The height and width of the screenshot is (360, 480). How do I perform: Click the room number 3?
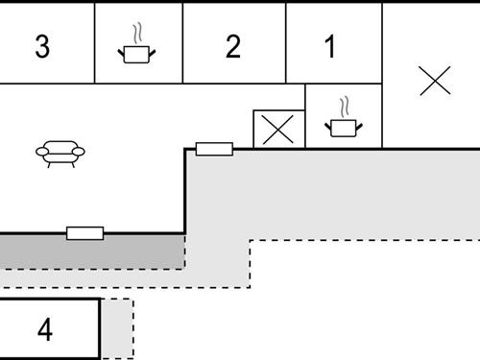click(41, 47)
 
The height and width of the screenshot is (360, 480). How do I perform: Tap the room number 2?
click(232, 47)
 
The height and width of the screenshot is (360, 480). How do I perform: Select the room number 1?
click(331, 47)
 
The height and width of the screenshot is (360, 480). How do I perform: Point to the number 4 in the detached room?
click(45, 330)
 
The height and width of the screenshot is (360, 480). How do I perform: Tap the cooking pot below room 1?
click(342, 126)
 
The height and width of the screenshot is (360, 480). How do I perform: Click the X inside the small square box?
click(278, 130)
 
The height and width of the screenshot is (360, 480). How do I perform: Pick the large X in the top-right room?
click(435, 82)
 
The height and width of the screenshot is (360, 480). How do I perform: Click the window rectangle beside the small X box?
click(214, 149)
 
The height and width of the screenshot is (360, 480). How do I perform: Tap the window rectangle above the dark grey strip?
click(84, 232)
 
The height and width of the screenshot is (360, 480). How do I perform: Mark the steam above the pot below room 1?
click(344, 104)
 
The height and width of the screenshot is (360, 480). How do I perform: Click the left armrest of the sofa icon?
click(41, 151)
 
